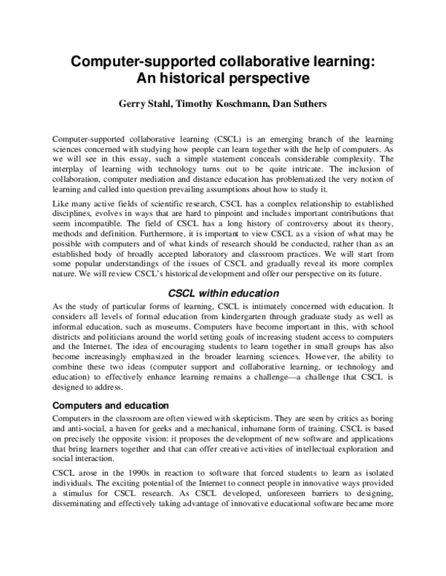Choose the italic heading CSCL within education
click(222, 293)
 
